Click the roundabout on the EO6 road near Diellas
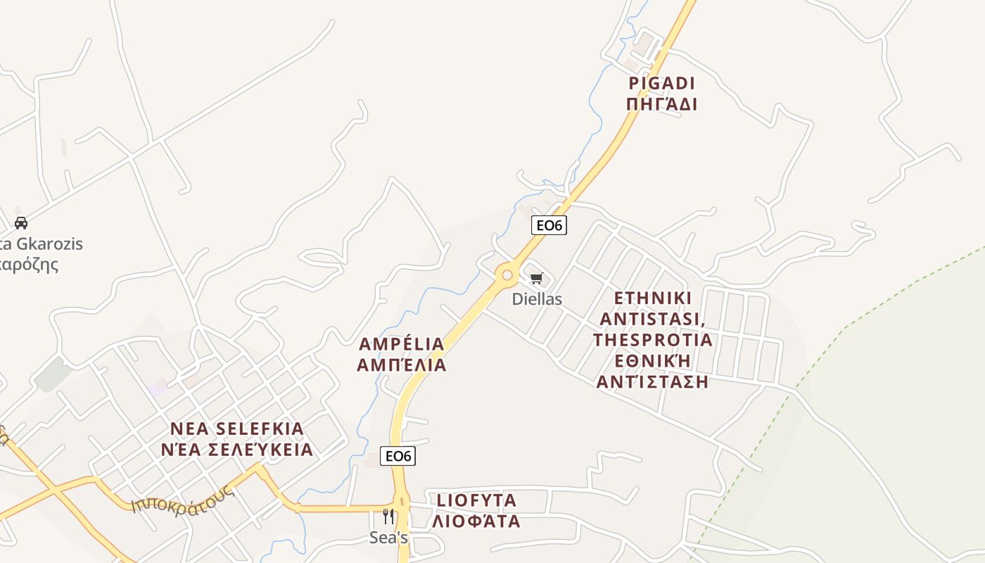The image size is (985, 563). [507, 275]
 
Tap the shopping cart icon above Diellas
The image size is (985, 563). [537, 279]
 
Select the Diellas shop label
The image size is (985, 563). [537, 299]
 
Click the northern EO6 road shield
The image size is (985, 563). [548, 225]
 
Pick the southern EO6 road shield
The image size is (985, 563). [398, 456]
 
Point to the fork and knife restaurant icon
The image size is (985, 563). [388, 517]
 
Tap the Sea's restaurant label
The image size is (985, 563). [389, 538]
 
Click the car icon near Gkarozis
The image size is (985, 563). [21, 223]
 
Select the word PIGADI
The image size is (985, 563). [661, 84]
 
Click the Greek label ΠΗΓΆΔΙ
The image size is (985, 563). [661, 105]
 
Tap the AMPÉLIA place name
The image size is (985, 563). [401, 344]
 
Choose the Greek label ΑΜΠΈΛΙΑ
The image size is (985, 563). [401, 365]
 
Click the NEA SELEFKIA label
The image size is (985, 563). [237, 429]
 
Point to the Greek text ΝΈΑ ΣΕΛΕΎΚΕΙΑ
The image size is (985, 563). [237, 450]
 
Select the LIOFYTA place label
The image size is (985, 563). [477, 500]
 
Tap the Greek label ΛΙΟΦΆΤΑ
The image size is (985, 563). [477, 521]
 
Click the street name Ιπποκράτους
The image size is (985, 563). [183, 498]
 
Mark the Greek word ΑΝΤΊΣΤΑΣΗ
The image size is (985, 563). [652, 382]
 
